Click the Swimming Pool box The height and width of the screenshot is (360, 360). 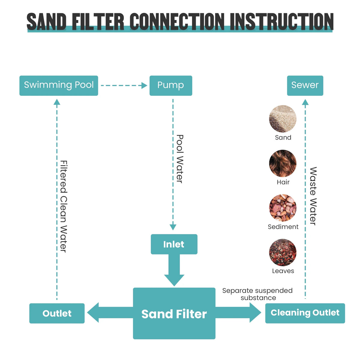59,85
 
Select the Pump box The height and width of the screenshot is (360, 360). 171,85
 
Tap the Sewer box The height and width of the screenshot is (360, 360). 305,85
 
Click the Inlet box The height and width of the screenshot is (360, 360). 174,244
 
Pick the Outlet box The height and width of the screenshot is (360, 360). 57,313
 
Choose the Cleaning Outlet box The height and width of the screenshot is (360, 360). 305,313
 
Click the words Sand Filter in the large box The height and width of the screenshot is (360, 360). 174,314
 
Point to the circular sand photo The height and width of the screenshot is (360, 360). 283,119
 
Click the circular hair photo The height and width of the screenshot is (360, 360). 283,163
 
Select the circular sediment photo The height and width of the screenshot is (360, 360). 283,208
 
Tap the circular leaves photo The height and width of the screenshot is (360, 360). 283,252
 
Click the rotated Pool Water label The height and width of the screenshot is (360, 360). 180,159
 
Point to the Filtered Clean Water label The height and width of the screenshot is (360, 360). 64,206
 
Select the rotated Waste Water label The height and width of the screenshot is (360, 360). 313,196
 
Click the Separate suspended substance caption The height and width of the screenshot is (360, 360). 257,294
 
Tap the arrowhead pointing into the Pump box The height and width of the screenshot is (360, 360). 144,85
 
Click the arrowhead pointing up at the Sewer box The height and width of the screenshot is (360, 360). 305,102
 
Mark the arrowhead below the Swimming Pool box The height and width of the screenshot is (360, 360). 57,102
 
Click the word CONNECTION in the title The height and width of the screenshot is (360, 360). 177,21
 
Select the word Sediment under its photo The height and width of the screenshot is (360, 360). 283,226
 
